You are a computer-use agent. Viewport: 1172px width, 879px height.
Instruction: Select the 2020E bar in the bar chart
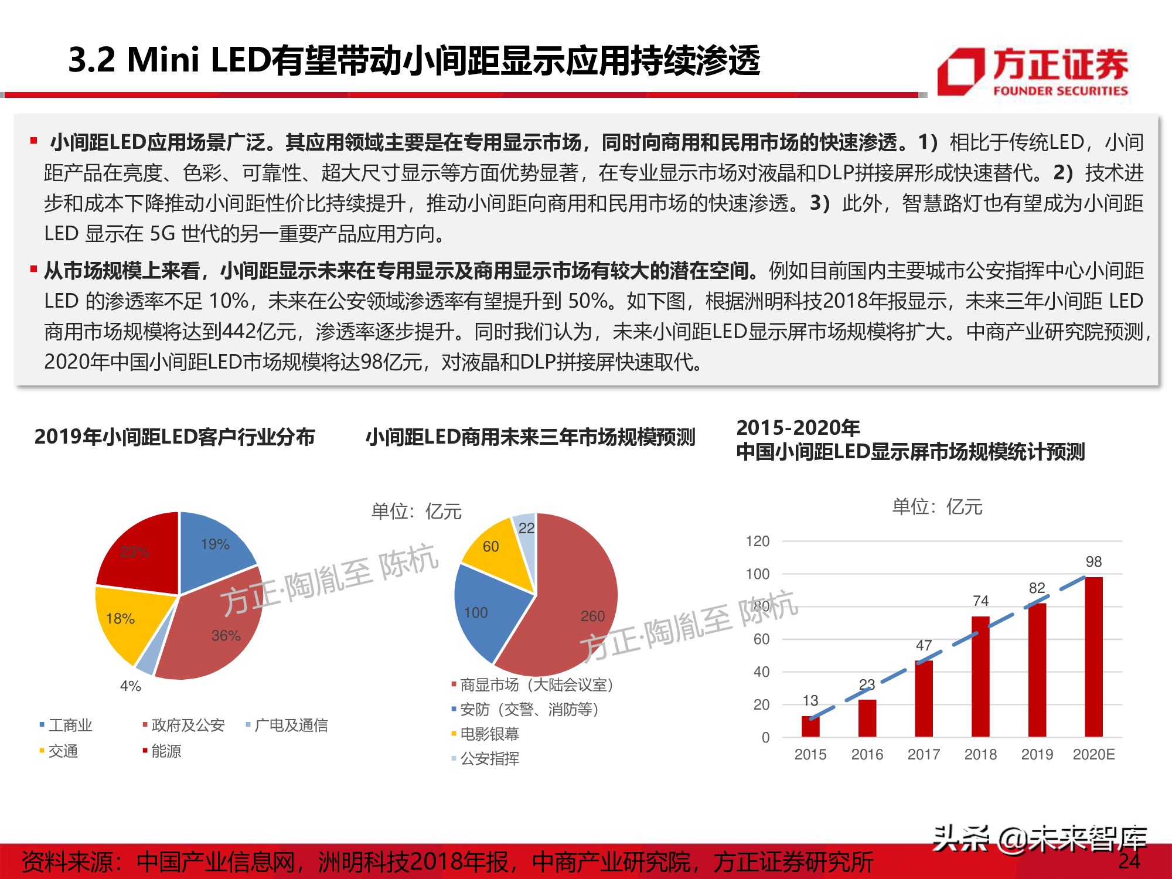click(x=1093, y=656)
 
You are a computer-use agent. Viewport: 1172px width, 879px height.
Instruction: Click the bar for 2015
click(x=810, y=726)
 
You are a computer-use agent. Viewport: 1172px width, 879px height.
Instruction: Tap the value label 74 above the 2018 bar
click(x=980, y=601)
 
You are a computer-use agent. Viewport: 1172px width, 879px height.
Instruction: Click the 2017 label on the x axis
click(x=924, y=754)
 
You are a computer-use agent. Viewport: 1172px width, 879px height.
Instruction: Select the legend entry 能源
click(x=166, y=751)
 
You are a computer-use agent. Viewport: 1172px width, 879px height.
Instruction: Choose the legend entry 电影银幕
click(x=489, y=734)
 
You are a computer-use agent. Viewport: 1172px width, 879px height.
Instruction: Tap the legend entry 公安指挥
click(x=489, y=759)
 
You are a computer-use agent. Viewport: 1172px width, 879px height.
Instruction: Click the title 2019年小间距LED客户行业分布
click(x=175, y=437)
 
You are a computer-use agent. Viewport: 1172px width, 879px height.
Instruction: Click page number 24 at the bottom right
click(x=1129, y=861)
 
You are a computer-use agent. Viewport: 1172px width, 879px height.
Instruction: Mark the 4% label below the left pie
click(x=130, y=686)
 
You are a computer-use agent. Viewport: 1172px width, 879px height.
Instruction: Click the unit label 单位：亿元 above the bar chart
click(x=936, y=507)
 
